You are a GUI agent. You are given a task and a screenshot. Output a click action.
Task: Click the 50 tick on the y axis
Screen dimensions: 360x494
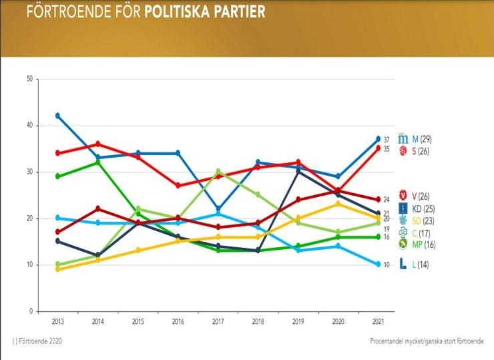(x=29, y=79)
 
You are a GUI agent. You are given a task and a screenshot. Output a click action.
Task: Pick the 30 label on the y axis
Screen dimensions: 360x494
(x=29, y=172)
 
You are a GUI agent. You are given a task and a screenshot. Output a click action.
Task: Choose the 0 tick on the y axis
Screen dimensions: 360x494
(x=31, y=311)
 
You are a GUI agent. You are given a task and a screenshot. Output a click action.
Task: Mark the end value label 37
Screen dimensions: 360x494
(x=387, y=140)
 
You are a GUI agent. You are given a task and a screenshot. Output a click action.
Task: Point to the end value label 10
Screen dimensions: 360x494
(x=387, y=265)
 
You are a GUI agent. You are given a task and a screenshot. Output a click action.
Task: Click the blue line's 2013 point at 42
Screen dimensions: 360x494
(x=57, y=116)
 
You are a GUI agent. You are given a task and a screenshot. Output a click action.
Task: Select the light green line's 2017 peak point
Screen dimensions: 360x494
(x=218, y=171)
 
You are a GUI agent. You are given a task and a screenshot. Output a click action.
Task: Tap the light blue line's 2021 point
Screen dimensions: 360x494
(x=378, y=264)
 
